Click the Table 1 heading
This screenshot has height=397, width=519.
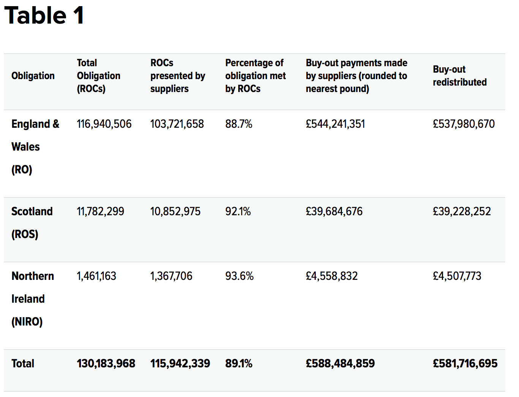pos(44,16)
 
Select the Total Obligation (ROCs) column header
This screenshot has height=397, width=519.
pos(98,76)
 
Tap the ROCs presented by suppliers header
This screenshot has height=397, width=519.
pos(177,76)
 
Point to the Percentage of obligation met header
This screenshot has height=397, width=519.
pos(255,76)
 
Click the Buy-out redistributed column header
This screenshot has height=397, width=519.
pos(459,76)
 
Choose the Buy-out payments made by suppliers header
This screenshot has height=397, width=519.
pos(356,76)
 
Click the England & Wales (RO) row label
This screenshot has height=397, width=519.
pos(35,146)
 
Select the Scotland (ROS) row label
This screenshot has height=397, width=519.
pos(32,222)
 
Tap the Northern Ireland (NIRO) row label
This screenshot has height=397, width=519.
pos(33,299)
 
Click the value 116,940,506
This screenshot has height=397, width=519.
pos(104,124)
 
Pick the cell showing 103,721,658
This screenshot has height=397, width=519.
pos(177,124)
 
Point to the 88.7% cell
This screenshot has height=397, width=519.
pos(239,124)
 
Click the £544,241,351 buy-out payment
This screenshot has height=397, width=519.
pos(335,124)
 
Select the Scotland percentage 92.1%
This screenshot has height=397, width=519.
pos(238,211)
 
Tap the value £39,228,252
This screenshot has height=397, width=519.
pos(462,211)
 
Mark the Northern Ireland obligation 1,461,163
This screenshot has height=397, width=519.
pos(97,276)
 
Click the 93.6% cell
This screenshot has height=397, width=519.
pos(239,276)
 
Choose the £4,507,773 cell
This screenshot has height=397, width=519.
pos(457,276)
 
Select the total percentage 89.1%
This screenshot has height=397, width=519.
pos(239,364)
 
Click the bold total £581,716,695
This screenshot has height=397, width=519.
pos(465,364)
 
